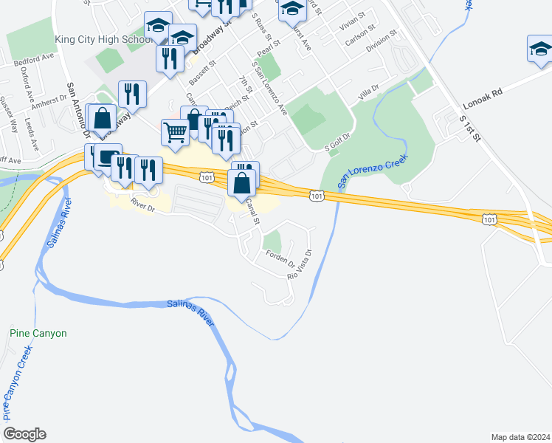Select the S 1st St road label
(470, 128)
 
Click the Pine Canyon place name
(38, 333)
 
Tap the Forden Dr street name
(281, 259)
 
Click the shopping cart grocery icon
(175, 132)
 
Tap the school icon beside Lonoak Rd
(540, 49)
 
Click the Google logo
(24, 434)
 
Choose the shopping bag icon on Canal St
(241, 182)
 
